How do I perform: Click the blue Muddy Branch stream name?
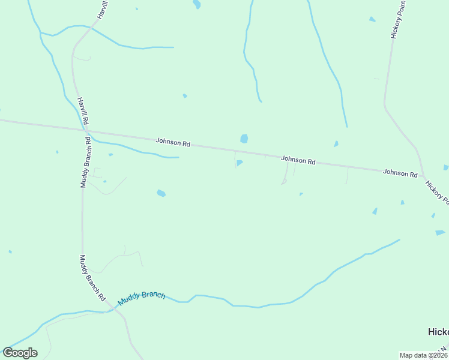141,298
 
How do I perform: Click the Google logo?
20,352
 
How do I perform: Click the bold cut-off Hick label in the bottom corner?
438,332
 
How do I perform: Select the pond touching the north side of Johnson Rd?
244,139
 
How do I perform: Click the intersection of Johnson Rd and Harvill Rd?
86,130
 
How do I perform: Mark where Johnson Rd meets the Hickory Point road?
424,176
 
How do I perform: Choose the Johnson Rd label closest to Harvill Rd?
173,143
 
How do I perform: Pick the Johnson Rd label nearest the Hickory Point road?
400,173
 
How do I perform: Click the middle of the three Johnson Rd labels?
298,160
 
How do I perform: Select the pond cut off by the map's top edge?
196,4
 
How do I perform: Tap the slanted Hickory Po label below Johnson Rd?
437,192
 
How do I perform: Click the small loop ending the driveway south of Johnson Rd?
284,182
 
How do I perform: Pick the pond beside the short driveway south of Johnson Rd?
240,162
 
